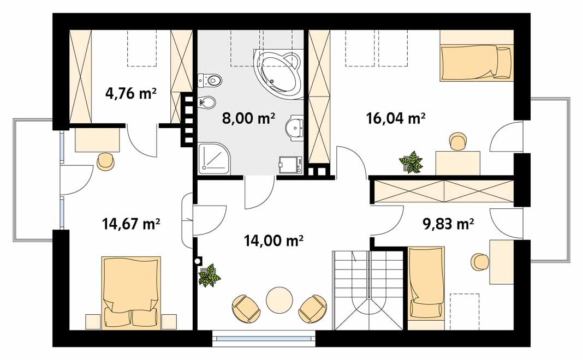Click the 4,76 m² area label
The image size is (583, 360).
(x=131, y=93)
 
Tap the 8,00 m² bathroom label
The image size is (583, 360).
(x=248, y=118)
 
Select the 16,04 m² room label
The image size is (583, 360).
(x=396, y=118)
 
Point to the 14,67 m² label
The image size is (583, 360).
(x=131, y=224)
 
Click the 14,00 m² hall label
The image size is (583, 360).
(x=273, y=241)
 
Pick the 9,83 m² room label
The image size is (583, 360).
(x=448, y=224)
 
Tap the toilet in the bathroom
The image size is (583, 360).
(x=210, y=80)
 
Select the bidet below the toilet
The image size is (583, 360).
(x=206, y=102)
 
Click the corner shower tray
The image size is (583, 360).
(x=215, y=159)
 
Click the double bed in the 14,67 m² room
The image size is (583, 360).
(x=131, y=292)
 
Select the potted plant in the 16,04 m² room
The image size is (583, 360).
(x=411, y=161)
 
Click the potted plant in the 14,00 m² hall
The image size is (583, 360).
(x=209, y=275)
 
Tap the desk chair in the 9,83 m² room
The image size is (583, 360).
(x=480, y=262)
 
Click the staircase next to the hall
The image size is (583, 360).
(x=368, y=290)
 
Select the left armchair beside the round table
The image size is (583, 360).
(x=246, y=308)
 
